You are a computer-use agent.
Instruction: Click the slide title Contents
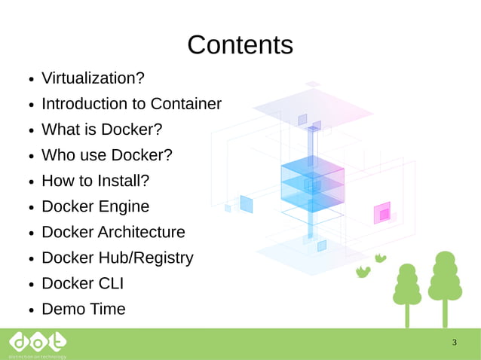tap(240, 45)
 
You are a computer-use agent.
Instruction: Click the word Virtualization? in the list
tap(93, 78)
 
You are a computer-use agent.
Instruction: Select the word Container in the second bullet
tap(185, 104)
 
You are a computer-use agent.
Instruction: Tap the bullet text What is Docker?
tap(102, 130)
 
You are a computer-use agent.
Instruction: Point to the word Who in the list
tap(58, 155)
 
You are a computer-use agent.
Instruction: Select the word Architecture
tap(141, 232)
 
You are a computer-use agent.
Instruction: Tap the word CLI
tap(109, 283)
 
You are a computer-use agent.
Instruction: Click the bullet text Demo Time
tap(83, 309)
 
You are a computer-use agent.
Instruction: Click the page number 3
tap(454, 343)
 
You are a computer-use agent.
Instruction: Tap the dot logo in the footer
tap(37, 343)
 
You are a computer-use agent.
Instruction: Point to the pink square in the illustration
tap(383, 214)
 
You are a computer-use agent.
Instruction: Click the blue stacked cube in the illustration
tap(312, 185)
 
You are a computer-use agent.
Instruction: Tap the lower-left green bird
tap(363, 272)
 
